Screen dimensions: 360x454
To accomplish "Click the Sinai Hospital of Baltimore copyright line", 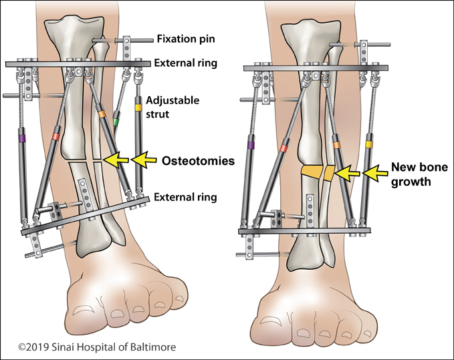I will click(84, 347).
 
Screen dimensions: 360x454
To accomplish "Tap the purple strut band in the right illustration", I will click(251, 144).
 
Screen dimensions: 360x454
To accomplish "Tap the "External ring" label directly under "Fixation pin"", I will click(187, 63).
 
